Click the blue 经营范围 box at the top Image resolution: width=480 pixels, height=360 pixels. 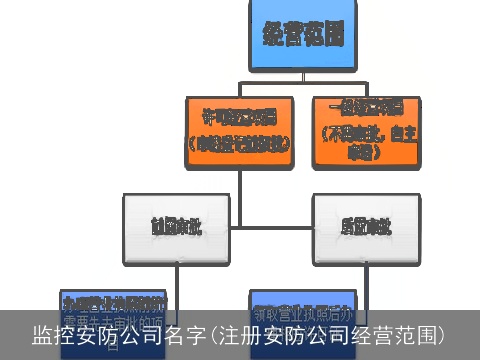click(x=303, y=35)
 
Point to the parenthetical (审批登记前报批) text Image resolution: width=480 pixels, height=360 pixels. click(x=238, y=141)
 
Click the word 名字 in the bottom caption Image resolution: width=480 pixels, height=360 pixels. click(x=184, y=334)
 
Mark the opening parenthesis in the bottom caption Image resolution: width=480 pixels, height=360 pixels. click(x=210, y=334)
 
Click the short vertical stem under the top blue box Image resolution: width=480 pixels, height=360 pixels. click(x=301, y=81)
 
